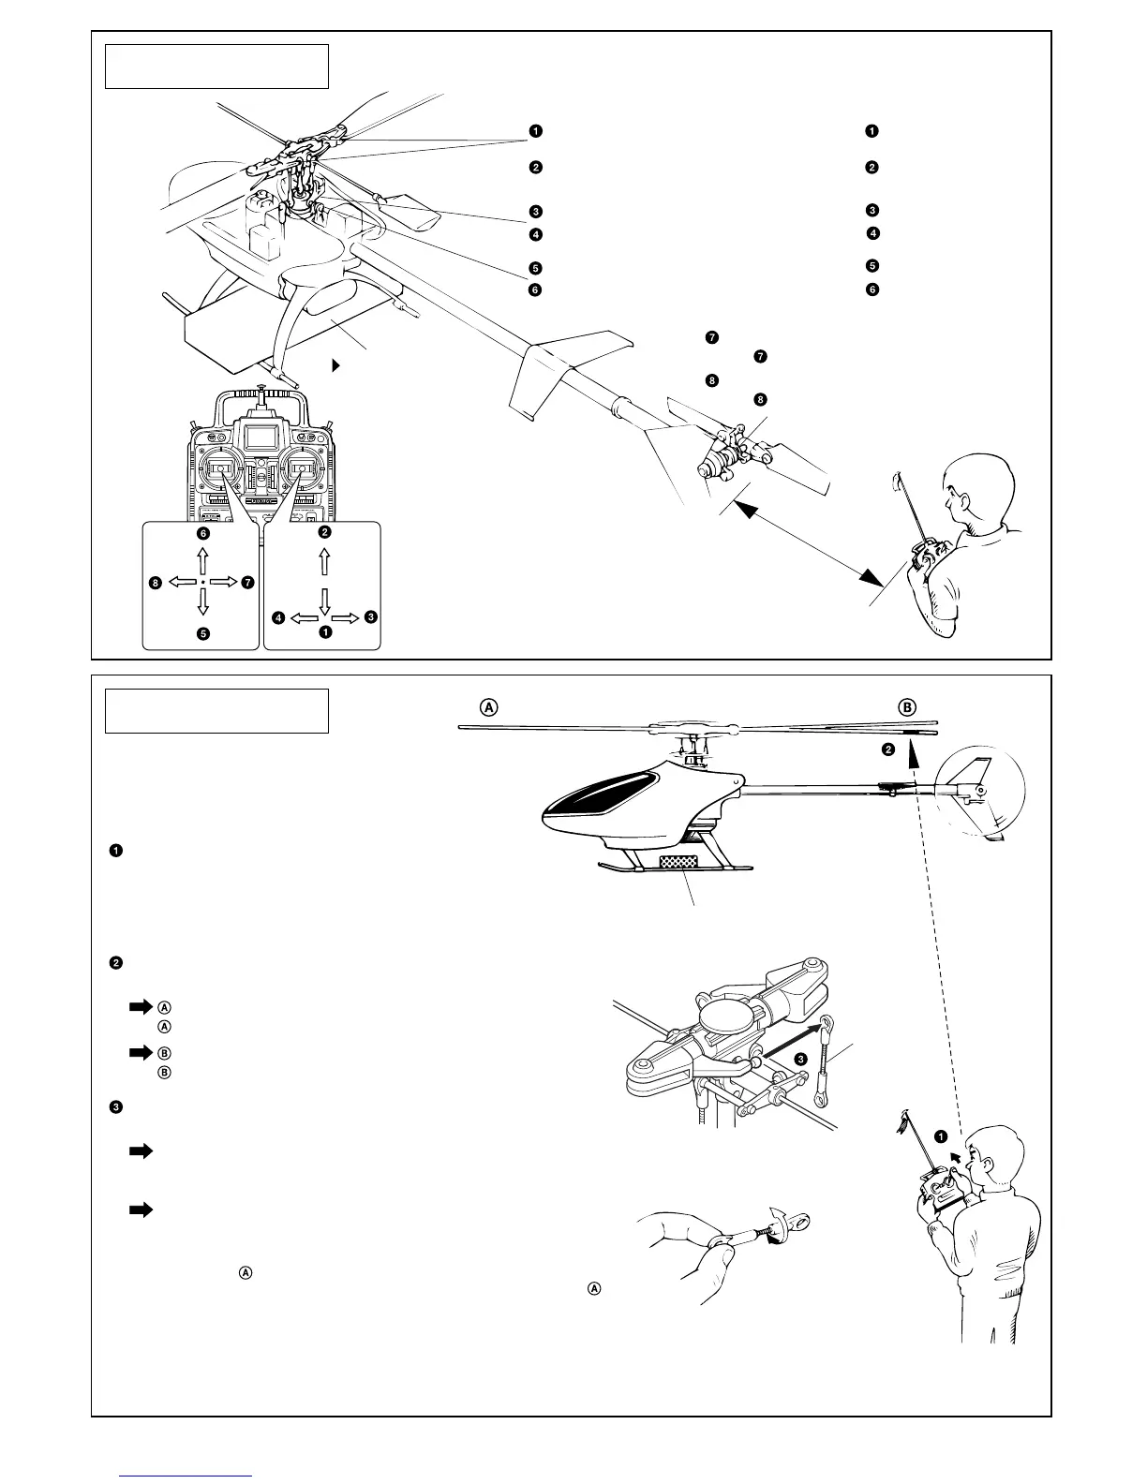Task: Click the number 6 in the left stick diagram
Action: [x=202, y=533]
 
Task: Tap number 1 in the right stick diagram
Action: [x=324, y=632]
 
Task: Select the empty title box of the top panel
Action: [x=216, y=66]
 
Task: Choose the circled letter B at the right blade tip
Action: [x=907, y=707]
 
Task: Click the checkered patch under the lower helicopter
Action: [x=680, y=860]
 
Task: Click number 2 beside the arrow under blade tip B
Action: [x=888, y=749]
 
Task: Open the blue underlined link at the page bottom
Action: [x=187, y=1476]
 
